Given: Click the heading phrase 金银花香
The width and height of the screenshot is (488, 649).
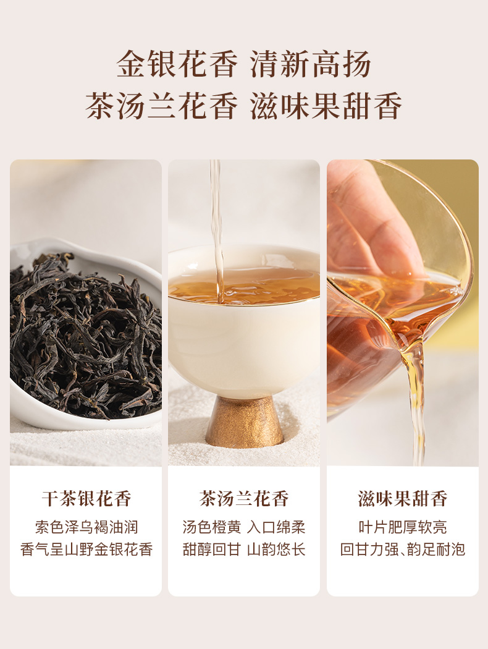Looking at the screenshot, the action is tap(177, 64).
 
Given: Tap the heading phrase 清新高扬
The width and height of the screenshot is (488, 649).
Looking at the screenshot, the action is tap(311, 64).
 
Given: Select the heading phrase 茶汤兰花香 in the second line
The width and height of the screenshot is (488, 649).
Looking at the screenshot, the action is tap(162, 106).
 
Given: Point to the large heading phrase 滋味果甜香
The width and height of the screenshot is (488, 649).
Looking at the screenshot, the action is tap(326, 106).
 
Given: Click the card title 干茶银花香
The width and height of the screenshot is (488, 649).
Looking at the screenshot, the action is tap(86, 498).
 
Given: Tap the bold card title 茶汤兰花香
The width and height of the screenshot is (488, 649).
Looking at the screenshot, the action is tap(244, 498).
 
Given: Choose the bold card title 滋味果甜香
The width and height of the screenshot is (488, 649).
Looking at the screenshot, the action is tap(402, 498).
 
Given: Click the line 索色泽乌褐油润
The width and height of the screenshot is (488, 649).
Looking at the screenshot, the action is tap(86, 527).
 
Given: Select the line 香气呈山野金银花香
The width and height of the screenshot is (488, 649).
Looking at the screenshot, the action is tap(86, 549).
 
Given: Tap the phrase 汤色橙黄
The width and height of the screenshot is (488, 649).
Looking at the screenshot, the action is tap(212, 527).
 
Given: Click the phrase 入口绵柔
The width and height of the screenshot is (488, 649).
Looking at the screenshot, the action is tap(276, 527).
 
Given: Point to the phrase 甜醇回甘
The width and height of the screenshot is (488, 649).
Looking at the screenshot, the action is tap(212, 549).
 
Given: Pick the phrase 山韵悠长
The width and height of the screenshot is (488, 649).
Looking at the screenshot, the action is tap(276, 549).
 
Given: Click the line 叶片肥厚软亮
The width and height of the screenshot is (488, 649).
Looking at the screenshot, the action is tap(402, 527).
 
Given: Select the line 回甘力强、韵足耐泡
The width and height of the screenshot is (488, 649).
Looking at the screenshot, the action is tap(402, 549).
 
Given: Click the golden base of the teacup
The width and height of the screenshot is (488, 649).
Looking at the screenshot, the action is tap(245, 422).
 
